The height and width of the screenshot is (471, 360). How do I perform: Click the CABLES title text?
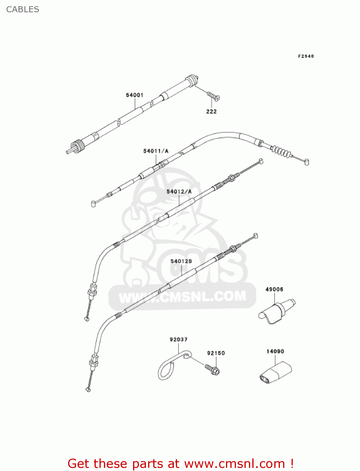pyautogui.click(x=23, y=9)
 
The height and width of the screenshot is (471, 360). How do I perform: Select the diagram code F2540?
pyautogui.click(x=306, y=56)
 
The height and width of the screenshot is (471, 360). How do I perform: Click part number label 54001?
pyautogui.click(x=135, y=95)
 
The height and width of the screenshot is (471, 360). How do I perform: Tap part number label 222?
pyautogui.click(x=211, y=111)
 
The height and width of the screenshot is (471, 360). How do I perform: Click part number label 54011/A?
pyautogui.click(x=156, y=151)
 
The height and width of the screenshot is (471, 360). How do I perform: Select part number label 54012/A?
pyautogui.click(x=179, y=192)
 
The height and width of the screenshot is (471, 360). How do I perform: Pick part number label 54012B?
pyautogui.click(x=181, y=261)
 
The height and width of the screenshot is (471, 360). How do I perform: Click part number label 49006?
pyautogui.click(x=274, y=289)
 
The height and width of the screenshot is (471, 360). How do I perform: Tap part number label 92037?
pyautogui.click(x=179, y=339)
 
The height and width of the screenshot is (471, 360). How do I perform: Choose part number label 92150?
pyautogui.click(x=216, y=353)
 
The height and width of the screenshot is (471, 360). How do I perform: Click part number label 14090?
pyautogui.click(x=275, y=351)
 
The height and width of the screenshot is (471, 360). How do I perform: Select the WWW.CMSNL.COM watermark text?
pyautogui.click(x=182, y=297)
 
